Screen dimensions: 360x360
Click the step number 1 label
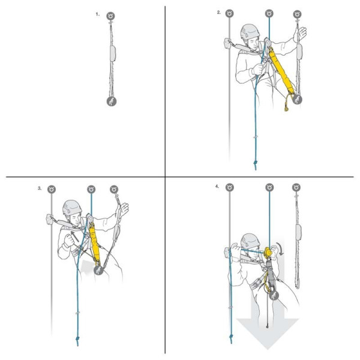pyautogui.click(x=98, y=14)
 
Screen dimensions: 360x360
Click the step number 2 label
pyautogui.click(x=219, y=13)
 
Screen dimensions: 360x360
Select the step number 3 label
pyautogui.click(x=40, y=188)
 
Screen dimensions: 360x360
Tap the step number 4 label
pyautogui.click(x=217, y=187)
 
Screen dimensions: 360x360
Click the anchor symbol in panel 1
pyautogui.click(x=110, y=16)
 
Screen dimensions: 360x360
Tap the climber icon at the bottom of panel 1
pyautogui.click(x=112, y=101)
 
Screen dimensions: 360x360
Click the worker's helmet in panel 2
pyautogui.click(x=250, y=32)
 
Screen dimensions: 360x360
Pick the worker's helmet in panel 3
pyautogui.click(x=72, y=208)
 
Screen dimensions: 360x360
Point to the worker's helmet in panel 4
pyautogui.click(x=250, y=241)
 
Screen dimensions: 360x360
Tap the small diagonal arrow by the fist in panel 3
pyautogui.click(x=75, y=236)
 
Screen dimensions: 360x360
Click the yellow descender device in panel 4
pyautogui.click(x=267, y=253)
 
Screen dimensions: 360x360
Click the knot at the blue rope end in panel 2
pyautogui.click(x=256, y=163)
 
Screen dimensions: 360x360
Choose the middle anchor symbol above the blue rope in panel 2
pyautogui.click(x=269, y=14)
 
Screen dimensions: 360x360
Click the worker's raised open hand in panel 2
pyautogui.click(x=302, y=32)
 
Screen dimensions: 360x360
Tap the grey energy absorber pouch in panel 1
pyautogui.click(x=113, y=53)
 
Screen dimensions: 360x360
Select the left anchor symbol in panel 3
pyautogui.click(x=52, y=190)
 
